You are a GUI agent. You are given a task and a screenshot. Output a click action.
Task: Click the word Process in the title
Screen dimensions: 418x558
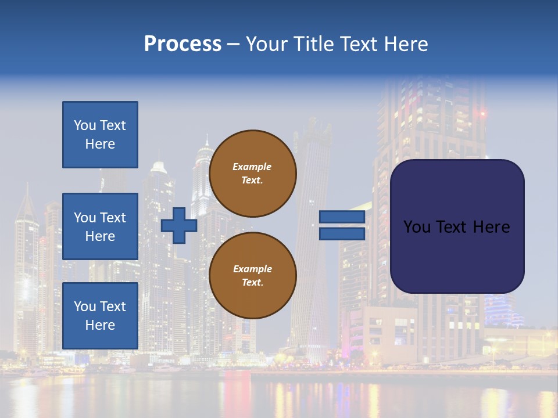(x=183, y=44)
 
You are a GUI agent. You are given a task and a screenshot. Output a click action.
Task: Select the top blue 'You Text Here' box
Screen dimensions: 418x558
(x=100, y=135)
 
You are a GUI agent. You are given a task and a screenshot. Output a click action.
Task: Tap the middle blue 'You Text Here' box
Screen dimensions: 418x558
(x=100, y=226)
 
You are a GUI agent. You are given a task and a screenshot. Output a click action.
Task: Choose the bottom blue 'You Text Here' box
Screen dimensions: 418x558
(x=100, y=316)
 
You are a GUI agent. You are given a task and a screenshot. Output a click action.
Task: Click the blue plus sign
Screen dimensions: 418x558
(x=179, y=225)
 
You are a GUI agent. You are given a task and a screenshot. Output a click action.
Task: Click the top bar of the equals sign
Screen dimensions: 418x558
(x=342, y=217)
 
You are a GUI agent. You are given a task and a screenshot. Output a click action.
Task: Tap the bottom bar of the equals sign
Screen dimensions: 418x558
(x=342, y=234)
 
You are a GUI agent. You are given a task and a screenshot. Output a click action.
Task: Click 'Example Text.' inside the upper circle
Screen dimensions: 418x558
(x=252, y=174)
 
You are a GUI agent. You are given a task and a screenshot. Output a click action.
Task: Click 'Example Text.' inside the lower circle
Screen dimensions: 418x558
(x=252, y=276)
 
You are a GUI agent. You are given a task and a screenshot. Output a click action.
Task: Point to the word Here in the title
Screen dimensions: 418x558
(x=405, y=44)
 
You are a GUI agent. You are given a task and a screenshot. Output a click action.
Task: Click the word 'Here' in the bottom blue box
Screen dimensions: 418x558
(x=100, y=325)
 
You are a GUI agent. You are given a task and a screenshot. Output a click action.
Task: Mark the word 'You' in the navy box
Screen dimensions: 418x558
(x=417, y=226)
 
